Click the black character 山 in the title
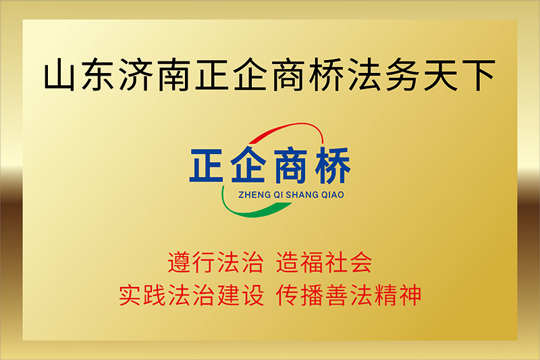coord(59,75)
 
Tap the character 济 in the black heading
coord(136,75)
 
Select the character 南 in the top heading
coord(173,75)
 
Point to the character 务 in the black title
coord(402,75)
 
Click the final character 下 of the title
coord(479,75)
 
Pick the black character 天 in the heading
coord(441,75)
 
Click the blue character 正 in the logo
coord(207,165)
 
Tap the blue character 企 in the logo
coord(248,165)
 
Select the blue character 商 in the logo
coord(290,165)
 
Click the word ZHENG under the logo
coord(254,195)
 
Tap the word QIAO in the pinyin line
coord(333,195)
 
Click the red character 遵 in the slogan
coord(180,262)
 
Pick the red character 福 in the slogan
coord(313,262)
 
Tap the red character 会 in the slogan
coord(360,262)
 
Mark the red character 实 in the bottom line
coord(130,295)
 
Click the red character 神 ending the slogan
coord(410,295)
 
